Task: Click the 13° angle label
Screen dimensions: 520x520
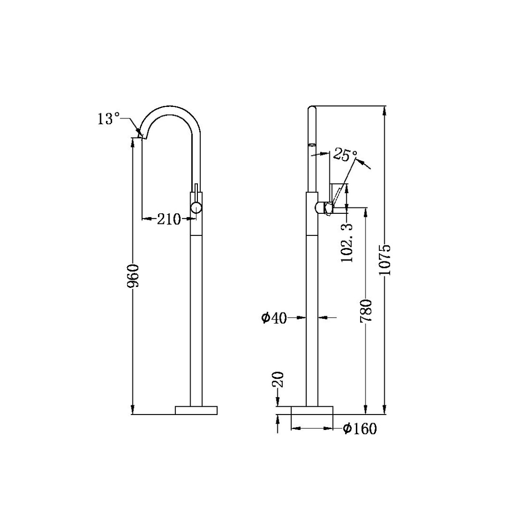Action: (x=108, y=119)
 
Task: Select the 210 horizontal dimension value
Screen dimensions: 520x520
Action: (x=169, y=220)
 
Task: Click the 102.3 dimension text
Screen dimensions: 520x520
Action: (x=347, y=242)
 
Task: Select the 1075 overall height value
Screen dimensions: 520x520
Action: (x=385, y=260)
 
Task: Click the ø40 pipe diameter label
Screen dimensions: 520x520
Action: (x=274, y=318)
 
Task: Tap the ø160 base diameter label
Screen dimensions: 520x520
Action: (x=360, y=428)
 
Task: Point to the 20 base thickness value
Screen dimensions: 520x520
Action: (x=278, y=380)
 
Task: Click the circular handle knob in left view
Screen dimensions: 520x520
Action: (x=196, y=208)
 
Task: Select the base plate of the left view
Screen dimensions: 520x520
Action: (x=196, y=410)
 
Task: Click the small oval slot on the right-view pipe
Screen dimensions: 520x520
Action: (x=312, y=144)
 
